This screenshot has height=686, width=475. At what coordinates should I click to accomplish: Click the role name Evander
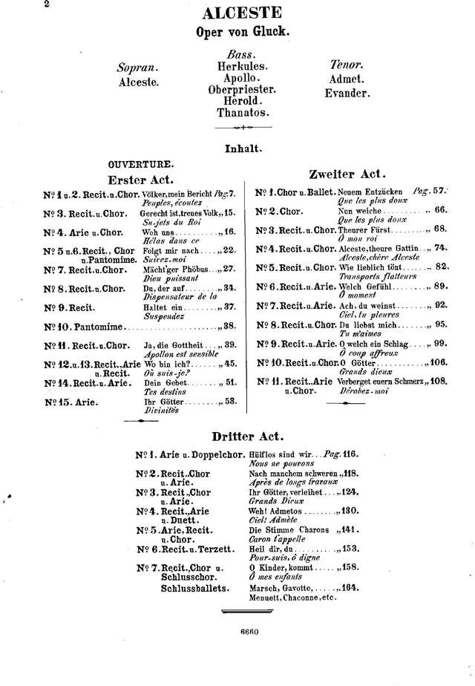[347, 94]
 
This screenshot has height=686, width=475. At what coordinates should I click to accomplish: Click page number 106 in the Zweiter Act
[438, 362]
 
